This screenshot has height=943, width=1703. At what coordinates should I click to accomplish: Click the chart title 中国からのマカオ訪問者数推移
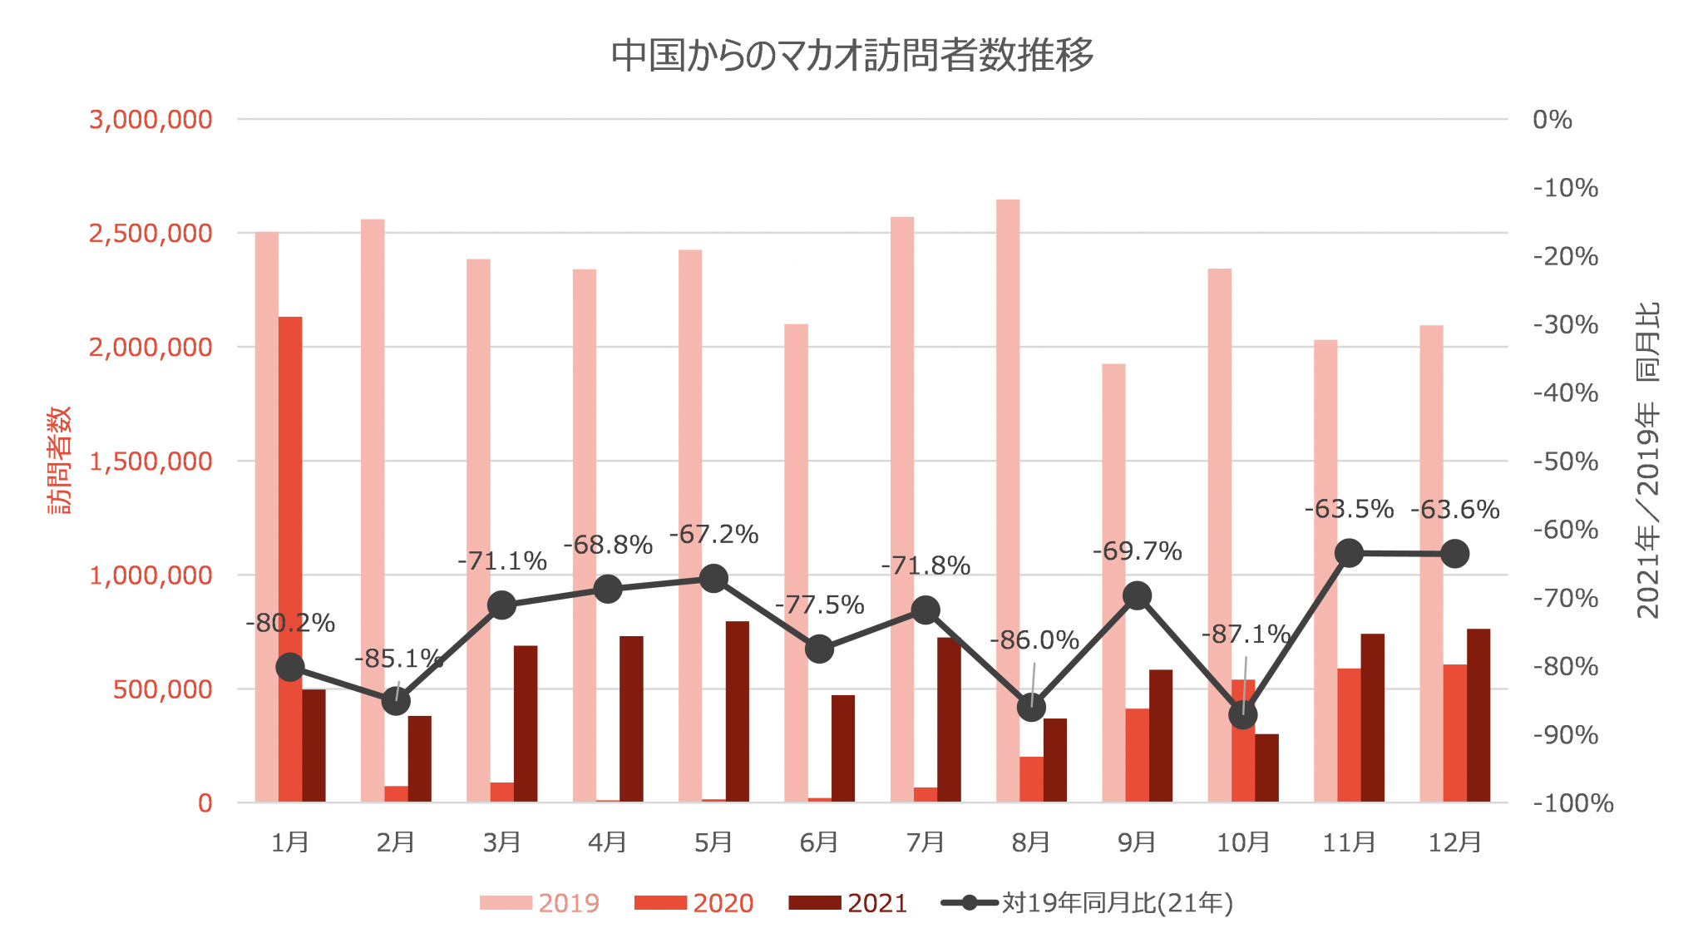pos(851,55)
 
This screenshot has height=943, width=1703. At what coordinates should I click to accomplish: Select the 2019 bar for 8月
pos(1008,499)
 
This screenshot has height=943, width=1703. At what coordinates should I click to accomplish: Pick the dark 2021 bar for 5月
pos(737,711)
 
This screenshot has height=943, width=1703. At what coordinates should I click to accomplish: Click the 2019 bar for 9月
pos(1113,582)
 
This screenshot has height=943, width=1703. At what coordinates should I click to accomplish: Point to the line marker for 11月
pos(1349,553)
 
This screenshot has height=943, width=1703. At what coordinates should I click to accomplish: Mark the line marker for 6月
pos(819,649)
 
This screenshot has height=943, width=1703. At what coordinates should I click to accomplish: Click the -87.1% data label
pos(1245,634)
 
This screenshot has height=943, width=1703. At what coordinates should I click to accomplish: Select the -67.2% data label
pos(714,535)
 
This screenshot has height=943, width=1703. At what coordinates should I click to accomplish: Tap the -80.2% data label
pos(290,623)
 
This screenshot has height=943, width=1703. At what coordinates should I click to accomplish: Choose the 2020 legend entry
pos(694,903)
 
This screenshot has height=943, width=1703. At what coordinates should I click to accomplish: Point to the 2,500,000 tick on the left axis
pos(151,234)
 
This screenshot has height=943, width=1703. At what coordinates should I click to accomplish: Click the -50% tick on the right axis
pos(1565,462)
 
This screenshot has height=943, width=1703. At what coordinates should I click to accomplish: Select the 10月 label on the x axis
pos(1243,842)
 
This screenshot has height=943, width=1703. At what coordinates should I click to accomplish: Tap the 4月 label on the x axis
pos(607,842)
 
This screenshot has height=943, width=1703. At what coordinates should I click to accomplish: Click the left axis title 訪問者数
pos(59,460)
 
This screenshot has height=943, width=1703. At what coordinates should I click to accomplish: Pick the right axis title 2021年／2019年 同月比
pos(1647,460)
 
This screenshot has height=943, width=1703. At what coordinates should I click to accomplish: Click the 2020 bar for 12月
pos(1454,733)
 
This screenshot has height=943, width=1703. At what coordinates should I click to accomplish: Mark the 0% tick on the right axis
pos(1552,120)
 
